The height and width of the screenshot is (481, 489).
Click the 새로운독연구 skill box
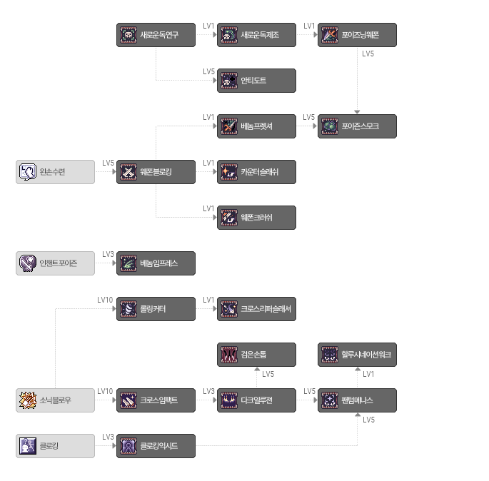156,35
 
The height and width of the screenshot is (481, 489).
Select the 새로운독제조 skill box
256,35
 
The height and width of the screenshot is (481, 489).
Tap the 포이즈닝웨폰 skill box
357,35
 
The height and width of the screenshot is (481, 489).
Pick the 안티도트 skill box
256,81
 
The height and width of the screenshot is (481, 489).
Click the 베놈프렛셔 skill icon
229,126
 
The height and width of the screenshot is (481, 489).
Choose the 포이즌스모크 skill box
357,126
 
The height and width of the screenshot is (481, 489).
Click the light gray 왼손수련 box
55,172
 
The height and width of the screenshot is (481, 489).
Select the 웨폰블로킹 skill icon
128,172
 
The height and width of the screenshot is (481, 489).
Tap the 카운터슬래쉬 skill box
256,172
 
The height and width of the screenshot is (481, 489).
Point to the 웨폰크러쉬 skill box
256,218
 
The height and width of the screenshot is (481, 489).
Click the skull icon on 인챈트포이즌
28,263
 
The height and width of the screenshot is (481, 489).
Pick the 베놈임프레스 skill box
156,263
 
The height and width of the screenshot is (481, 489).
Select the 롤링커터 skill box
156,309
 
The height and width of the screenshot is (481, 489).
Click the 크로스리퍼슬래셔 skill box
256,309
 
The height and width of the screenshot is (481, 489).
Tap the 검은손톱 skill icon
229,355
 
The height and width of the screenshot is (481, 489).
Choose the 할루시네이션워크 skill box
357,355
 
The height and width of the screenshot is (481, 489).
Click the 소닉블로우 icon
28,400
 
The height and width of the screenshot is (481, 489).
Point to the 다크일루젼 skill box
256,400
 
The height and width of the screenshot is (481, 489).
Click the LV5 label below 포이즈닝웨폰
368,54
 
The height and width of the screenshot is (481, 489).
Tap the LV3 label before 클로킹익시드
109,437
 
